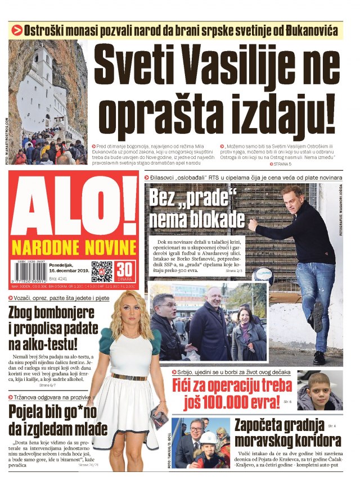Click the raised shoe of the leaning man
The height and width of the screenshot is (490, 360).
pos(317,316)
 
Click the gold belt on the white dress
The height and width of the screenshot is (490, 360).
pos(129,376)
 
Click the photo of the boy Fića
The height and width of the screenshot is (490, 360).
pos(319,391)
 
